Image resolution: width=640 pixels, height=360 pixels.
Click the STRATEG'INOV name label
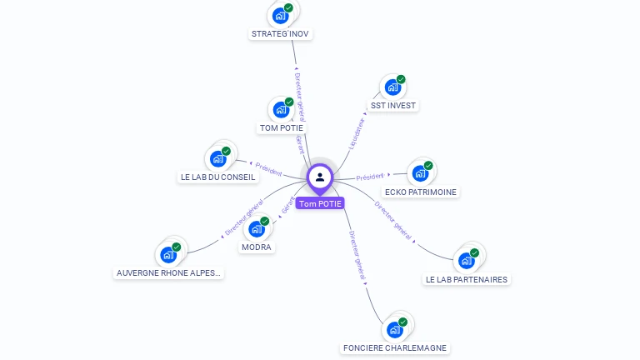[281, 34]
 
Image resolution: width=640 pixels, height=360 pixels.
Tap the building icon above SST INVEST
[392, 87]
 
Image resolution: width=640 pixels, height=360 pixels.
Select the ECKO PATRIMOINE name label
[421, 192]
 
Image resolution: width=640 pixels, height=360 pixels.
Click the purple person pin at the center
[320, 177]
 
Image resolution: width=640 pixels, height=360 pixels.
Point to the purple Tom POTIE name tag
[320, 203]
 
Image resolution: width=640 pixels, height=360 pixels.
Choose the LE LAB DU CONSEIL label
[217, 177]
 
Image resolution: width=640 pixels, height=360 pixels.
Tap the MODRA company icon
[257, 228]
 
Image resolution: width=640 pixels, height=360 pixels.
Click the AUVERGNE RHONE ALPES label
[169, 272]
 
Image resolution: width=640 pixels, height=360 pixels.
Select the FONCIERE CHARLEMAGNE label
[394, 347]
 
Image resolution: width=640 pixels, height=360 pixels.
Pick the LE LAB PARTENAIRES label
[466, 279]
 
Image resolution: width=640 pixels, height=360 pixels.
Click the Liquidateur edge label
[356, 132]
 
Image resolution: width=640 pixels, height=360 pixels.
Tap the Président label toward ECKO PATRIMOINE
[370, 177]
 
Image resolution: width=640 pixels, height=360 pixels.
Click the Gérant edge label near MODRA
[287, 206]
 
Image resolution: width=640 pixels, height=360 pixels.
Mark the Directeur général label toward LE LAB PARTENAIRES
[393, 221]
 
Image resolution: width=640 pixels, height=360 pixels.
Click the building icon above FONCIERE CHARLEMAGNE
[395, 329]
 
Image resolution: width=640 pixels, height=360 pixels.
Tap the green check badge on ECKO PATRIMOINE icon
[428, 165]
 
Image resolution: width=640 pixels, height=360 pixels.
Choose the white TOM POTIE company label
[281, 128]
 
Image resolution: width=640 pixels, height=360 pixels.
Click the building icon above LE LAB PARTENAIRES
[467, 260]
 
